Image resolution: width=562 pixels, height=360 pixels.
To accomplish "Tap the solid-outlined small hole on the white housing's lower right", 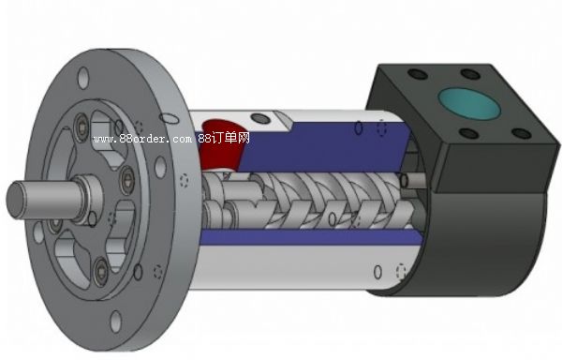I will (x=377, y=271).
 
